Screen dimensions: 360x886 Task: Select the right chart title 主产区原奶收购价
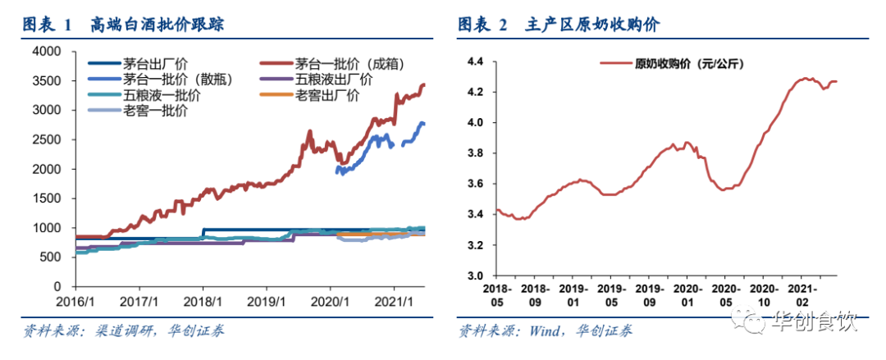pos(591,25)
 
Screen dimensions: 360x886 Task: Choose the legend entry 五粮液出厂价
pos(333,80)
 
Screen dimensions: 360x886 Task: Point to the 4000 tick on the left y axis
pos(46,51)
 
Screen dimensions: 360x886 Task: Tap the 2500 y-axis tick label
pos(46,139)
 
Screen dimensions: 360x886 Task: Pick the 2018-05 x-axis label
pos(498,296)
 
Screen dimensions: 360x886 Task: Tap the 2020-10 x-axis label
pos(763,296)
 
